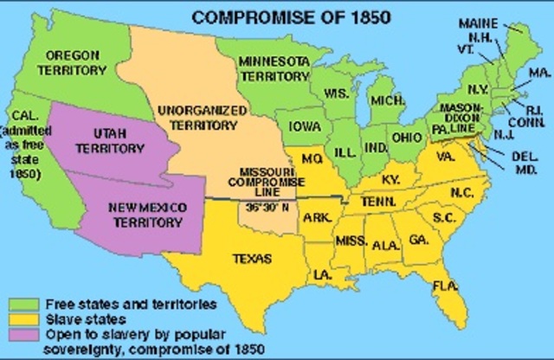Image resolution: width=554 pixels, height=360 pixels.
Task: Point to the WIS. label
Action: coord(335,93)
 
